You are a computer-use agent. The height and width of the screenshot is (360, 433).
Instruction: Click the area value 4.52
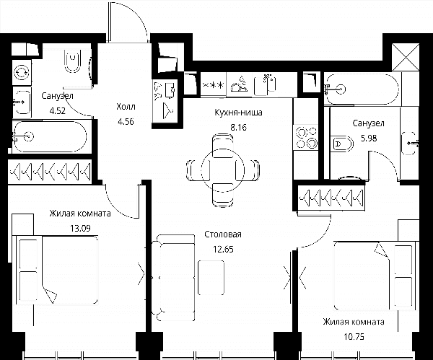(58, 111)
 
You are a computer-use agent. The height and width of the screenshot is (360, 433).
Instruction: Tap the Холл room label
(126, 106)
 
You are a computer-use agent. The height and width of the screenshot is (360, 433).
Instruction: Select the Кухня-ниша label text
(239, 113)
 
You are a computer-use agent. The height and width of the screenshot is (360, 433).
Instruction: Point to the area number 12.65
(223, 250)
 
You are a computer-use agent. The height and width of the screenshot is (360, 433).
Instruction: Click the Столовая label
(223, 234)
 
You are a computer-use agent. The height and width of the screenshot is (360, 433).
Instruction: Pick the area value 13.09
(80, 228)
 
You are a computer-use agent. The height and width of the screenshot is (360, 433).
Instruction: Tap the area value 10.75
(354, 337)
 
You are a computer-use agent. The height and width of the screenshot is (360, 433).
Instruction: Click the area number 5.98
(369, 138)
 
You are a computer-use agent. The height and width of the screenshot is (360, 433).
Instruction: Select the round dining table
(222, 170)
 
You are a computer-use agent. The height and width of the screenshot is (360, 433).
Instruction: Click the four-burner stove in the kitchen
(306, 138)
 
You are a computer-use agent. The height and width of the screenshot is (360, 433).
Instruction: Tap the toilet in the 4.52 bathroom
(73, 61)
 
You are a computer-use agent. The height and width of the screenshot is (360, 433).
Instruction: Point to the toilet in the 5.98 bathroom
(342, 144)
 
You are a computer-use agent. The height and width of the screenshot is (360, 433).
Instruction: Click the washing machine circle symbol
(22, 73)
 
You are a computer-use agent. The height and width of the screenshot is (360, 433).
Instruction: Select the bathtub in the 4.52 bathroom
(50, 136)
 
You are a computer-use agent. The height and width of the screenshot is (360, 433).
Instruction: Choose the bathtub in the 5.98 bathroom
(362, 89)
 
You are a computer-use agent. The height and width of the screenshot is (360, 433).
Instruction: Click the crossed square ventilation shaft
(406, 57)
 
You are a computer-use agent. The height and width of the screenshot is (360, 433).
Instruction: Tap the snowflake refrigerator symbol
(213, 84)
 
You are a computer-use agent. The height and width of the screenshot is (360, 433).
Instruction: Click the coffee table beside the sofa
(211, 278)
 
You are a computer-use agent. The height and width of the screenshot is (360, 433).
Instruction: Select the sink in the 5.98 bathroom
(410, 144)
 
